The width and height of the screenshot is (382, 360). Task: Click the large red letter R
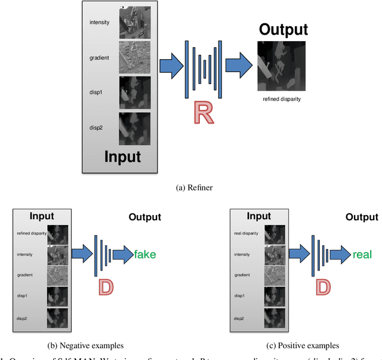coord(205,114)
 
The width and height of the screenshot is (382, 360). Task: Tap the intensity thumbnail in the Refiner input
coord(135,24)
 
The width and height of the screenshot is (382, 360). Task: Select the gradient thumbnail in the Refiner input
coord(135,59)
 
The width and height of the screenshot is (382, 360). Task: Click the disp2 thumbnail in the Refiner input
coord(135,128)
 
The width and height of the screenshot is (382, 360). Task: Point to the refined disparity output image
coord(281,66)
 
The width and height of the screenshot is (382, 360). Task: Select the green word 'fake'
coord(144,254)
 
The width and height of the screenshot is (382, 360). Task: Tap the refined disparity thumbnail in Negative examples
coord(58,234)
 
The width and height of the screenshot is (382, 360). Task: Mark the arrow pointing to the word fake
coord(122,254)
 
